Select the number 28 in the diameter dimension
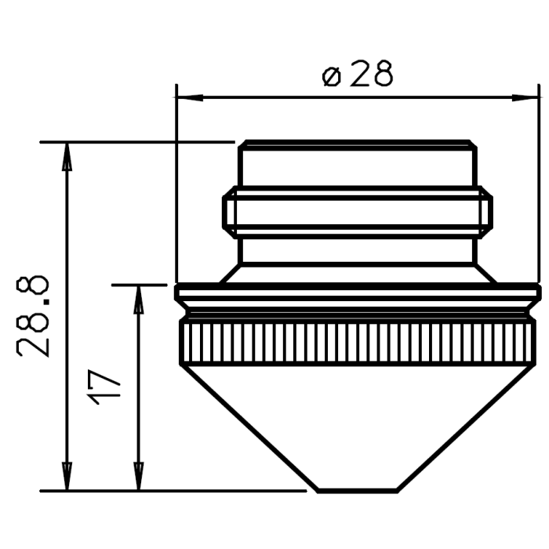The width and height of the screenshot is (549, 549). point(371,75)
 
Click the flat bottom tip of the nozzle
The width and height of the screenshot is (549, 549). point(358,491)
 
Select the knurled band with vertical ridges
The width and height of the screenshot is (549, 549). point(358,342)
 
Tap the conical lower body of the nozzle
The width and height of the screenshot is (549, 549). point(358,424)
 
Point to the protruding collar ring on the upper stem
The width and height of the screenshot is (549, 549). point(358,212)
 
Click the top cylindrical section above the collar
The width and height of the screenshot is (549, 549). point(358,166)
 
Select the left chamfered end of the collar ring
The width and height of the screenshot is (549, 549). point(227,212)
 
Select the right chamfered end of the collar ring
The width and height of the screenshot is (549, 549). point(487,212)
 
